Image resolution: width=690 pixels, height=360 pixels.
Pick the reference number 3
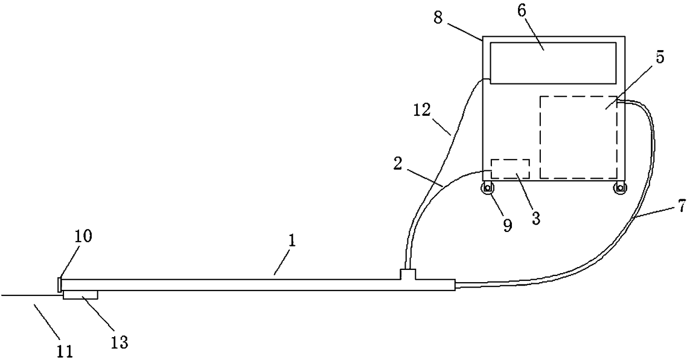(x=535, y=218)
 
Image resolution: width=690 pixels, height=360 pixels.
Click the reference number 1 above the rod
(x=293, y=240)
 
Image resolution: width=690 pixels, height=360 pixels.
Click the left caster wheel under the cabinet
(x=488, y=189)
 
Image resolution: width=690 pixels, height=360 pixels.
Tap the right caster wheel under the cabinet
(x=618, y=189)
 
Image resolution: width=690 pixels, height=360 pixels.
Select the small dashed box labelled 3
(x=509, y=169)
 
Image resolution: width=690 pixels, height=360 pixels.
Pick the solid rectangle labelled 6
(x=553, y=63)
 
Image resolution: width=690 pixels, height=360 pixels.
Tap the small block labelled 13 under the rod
(x=81, y=294)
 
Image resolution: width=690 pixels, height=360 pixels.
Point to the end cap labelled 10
(x=60, y=284)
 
